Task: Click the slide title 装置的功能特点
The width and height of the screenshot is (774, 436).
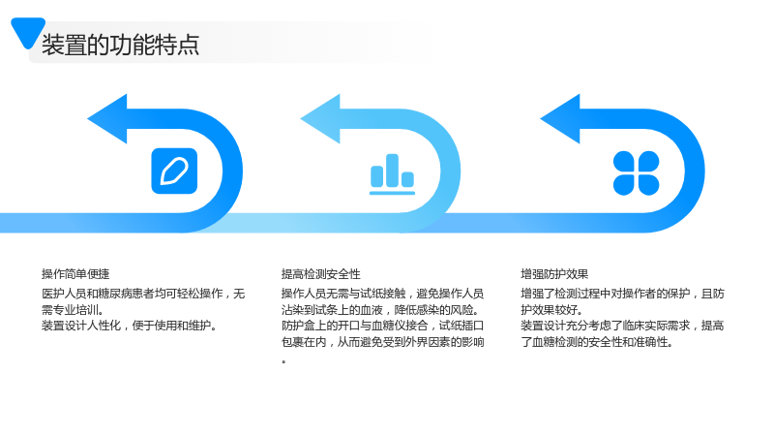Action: coord(120,45)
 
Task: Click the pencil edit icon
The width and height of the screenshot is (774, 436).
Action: coord(174,171)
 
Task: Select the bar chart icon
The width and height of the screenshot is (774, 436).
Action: coord(393,174)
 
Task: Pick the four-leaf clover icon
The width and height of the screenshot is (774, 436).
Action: coord(636,173)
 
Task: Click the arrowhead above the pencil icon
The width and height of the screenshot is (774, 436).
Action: coord(107,118)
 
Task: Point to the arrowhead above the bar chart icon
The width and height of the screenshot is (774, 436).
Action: coord(320,118)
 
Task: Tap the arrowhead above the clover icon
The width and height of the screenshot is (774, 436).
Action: coord(560,118)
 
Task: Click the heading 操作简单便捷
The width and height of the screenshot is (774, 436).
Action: coord(75,274)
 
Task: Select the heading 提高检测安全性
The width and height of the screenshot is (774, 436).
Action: coord(321,274)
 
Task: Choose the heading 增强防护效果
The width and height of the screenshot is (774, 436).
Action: coord(554,274)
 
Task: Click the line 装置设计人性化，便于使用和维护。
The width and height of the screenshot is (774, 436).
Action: coord(130,326)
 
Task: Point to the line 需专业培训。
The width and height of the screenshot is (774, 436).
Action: coord(73,310)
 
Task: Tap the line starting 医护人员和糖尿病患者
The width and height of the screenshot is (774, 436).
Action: coord(143,294)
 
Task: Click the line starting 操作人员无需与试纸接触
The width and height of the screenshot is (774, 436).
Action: coord(382,294)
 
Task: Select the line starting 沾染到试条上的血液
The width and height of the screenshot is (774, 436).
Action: coord(380,310)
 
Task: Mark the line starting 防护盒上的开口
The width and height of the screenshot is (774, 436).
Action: coord(382,326)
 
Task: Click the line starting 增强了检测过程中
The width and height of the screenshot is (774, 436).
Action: coord(622,294)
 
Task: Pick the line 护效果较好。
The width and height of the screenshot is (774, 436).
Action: coord(551,310)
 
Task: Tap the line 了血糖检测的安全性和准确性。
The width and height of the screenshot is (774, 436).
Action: coord(597,342)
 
